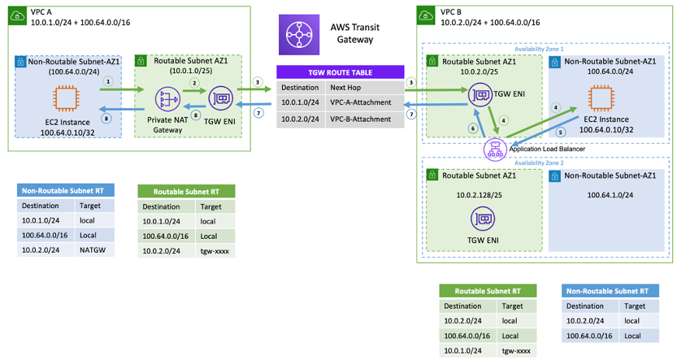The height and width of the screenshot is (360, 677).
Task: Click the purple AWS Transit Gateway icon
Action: pyautogui.click(x=297, y=36)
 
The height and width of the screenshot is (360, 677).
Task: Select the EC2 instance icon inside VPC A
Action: pyautogui.click(x=67, y=99)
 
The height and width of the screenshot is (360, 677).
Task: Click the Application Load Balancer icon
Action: pyautogui.click(x=493, y=149)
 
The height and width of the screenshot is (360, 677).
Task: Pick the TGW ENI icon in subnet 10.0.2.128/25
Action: pyautogui.click(x=484, y=219)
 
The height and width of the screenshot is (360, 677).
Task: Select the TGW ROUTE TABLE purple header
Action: pyautogui.click(x=340, y=72)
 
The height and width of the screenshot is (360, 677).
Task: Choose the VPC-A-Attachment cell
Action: pyautogui.click(x=362, y=103)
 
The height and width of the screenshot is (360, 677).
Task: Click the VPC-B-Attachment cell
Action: pyautogui.click(x=362, y=119)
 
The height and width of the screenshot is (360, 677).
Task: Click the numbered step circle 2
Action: pyautogui.click(x=193, y=83)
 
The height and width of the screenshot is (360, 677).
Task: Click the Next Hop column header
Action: pyautogui.click(x=344, y=87)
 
